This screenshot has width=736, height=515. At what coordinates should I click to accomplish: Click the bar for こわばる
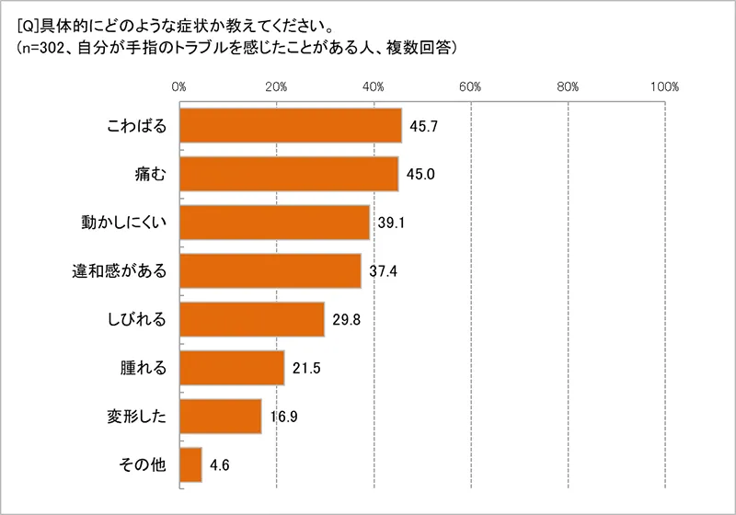(x=291, y=125)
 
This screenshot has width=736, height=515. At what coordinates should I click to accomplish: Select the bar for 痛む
(x=289, y=174)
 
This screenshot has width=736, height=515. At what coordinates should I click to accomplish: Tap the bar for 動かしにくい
(x=274, y=223)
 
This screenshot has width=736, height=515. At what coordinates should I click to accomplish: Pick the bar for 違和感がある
(x=270, y=270)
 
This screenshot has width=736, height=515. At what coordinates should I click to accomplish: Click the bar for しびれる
(x=252, y=319)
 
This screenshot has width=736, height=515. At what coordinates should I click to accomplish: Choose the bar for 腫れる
(x=232, y=368)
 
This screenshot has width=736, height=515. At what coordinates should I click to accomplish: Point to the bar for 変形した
(x=221, y=416)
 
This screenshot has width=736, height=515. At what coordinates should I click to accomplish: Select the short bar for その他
(x=190, y=464)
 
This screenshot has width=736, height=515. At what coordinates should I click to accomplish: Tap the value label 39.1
(x=389, y=223)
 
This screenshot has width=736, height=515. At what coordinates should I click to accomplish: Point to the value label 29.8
(x=344, y=319)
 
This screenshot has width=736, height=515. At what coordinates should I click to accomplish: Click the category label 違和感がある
(x=121, y=270)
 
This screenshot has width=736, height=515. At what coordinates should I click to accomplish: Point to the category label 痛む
(x=149, y=174)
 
